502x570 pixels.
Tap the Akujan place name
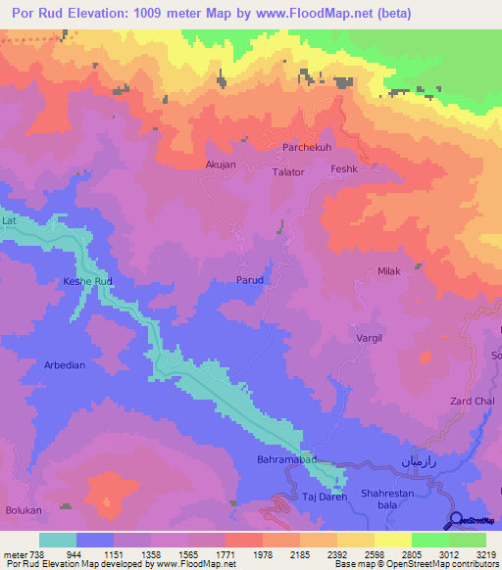pos(221,165)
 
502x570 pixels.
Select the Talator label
pos(287,171)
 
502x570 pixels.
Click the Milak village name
pos(389,271)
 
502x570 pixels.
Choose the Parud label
pos(249,280)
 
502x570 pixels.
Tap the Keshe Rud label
pos(89,282)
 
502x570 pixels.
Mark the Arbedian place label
pos(65,364)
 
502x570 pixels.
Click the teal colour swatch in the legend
pos(58,540)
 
